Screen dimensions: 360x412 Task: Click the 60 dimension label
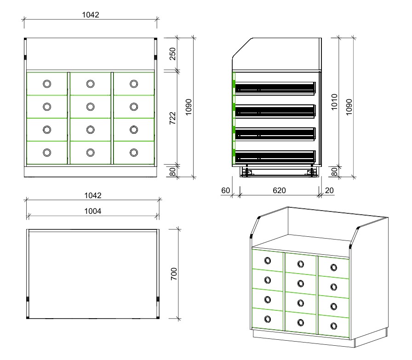[x=225, y=190]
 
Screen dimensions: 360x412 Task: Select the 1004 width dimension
[x=93, y=211]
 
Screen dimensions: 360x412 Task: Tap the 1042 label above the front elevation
[x=91, y=14]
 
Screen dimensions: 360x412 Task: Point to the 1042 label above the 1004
[x=92, y=195]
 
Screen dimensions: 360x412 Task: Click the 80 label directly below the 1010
[x=334, y=171]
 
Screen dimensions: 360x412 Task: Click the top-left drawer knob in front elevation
[x=47, y=84]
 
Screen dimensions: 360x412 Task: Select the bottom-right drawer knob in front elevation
[x=134, y=152]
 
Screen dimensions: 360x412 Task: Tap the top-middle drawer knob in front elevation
[x=91, y=84]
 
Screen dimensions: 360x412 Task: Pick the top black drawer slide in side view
[x=275, y=87]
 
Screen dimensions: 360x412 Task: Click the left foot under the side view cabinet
[x=247, y=172]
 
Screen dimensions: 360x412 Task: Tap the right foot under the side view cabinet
[x=312, y=172]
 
